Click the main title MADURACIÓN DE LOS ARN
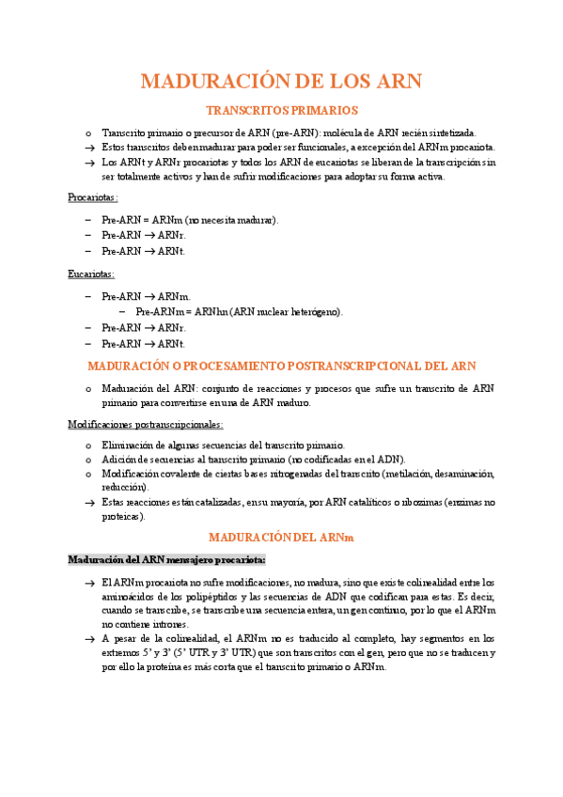[x=281, y=81]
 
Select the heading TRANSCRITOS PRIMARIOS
[x=281, y=111]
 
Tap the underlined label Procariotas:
[x=93, y=197]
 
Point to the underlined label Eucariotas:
[x=91, y=273]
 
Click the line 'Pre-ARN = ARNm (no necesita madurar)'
[x=190, y=220]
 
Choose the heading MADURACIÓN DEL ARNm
[x=281, y=537]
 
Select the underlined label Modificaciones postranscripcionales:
[x=146, y=424]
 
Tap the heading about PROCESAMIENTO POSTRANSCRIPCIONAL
[x=281, y=366]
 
